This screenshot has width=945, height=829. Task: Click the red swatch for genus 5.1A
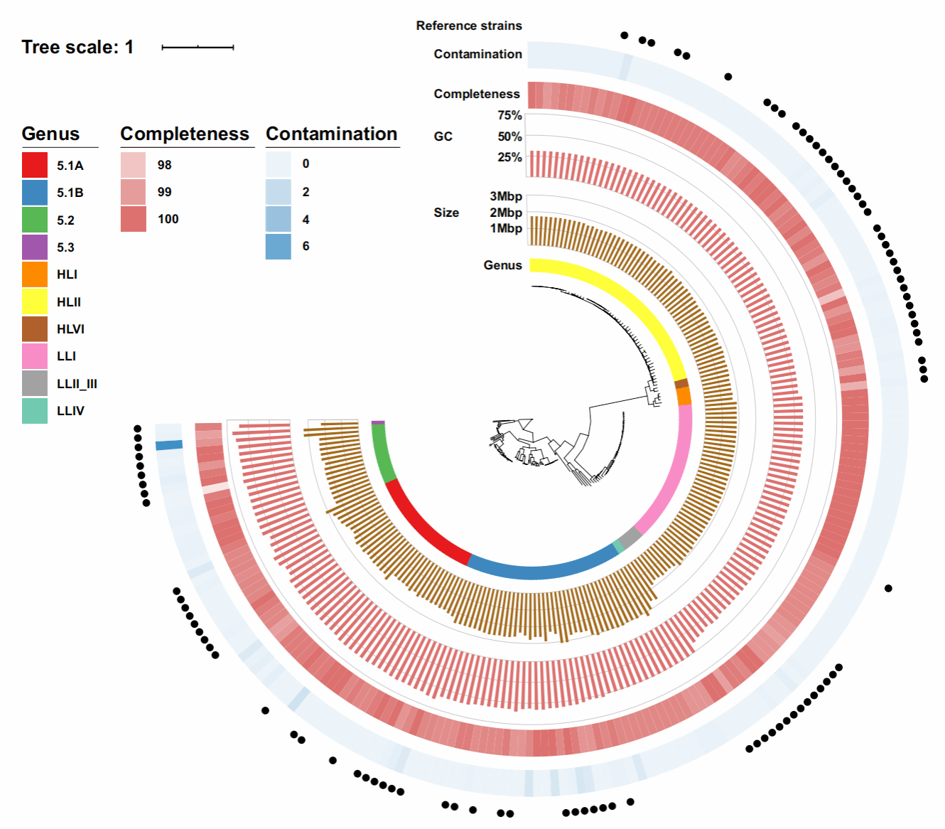point(35,165)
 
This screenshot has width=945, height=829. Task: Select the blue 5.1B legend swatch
point(35,193)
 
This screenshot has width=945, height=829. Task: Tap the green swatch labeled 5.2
point(35,220)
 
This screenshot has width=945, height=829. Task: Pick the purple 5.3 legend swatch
point(35,247)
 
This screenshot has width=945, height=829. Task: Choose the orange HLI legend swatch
point(35,274)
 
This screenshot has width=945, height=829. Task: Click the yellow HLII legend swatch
point(35,301)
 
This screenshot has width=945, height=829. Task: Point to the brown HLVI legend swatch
point(35,329)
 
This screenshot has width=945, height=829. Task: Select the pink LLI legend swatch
point(35,356)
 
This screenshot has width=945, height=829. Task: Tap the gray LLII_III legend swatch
point(35,383)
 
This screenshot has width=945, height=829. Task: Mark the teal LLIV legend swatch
point(35,411)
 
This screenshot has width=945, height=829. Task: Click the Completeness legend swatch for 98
point(134,165)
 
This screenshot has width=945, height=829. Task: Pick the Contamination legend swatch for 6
point(279,247)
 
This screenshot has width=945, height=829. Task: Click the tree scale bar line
point(198,48)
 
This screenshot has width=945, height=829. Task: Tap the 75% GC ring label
point(509,115)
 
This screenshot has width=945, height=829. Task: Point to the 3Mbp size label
point(505,196)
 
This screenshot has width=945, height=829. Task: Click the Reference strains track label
point(469,26)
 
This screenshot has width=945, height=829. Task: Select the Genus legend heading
point(50,134)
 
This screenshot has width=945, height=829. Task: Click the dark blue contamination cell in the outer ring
point(169,445)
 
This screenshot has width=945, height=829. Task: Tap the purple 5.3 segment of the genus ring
point(378,422)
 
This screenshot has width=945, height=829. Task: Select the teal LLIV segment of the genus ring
point(618,547)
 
